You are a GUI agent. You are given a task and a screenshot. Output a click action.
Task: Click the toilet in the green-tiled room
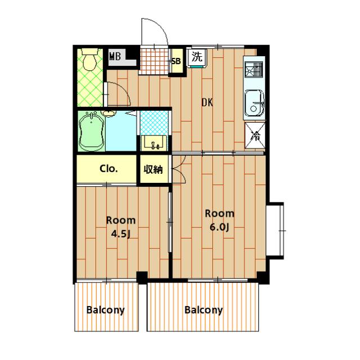pyautogui.click(x=90, y=59)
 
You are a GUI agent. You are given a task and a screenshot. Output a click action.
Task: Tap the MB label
pyautogui.click(x=115, y=56)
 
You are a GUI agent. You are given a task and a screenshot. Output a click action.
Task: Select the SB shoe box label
pyautogui.click(x=176, y=61)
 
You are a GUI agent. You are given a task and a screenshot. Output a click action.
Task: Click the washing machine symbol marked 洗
pyautogui.click(x=197, y=57)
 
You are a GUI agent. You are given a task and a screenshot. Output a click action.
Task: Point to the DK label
pyautogui.click(x=207, y=102)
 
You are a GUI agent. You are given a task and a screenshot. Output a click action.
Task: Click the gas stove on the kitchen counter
pyautogui.click(x=253, y=69)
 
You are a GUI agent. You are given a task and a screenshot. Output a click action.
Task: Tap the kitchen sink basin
pyautogui.click(x=254, y=103)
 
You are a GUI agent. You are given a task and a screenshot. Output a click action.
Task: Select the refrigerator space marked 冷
pyautogui.click(x=255, y=136)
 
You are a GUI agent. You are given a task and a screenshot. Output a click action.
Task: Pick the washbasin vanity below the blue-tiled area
pyautogui.click(x=154, y=143)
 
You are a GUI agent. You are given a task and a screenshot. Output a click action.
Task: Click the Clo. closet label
pyautogui.click(x=109, y=169)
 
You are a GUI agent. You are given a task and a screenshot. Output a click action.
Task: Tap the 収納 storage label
pyautogui.click(x=153, y=170)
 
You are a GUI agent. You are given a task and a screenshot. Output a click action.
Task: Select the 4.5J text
pyautogui.click(x=121, y=234)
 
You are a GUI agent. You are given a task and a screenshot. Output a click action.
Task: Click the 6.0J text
pyautogui.click(x=219, y=227)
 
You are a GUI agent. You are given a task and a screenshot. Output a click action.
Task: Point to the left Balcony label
pyautogui.click(x=105, y=310)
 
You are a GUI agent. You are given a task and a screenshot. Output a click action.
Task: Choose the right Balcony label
pyautogui.click(x=204, y=310)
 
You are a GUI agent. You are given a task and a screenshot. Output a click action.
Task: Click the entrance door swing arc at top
pyautogui.click(x=159, y=26)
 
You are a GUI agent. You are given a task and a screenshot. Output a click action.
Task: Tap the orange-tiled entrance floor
pyautogui.click(x=154, y=60)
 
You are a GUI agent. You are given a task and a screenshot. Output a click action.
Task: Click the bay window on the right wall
pyautogui.click(x=276, y=231)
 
